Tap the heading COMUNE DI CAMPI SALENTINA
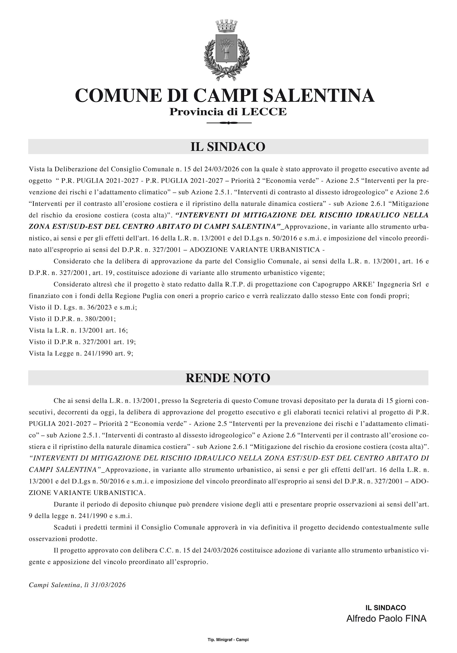(x=225, y=96)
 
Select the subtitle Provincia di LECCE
(x=228, y=112)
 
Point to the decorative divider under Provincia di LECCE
(x=229, y=123)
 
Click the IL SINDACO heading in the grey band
(x=228, y=147)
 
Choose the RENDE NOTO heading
(x=228, y=378)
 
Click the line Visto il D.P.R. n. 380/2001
(x=73, y=319)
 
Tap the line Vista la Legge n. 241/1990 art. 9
(x=81, y=354)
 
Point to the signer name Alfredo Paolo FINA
(x=386, y=617)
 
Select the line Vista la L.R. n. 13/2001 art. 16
(x=79, y=331)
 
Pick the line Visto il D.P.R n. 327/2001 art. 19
(x=82, y=342)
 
